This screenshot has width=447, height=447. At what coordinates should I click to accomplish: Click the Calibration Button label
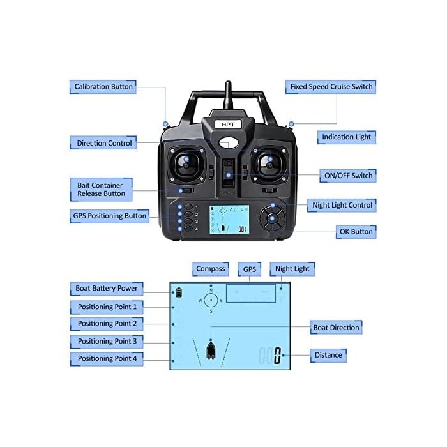pos(103,87)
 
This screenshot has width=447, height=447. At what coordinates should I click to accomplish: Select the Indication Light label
pos(345,137)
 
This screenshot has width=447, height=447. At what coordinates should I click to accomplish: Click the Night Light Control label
pos(342,205)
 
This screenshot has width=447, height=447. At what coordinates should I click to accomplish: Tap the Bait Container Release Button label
pos(101,188)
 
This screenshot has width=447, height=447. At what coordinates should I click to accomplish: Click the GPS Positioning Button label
pos(109,216)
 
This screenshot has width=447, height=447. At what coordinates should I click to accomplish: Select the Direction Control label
pos(104,143)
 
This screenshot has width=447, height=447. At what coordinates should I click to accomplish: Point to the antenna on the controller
pos(226,96)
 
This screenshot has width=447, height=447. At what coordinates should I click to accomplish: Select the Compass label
pos(211,269)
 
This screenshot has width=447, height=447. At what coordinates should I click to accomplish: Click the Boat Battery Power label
pos(106,288)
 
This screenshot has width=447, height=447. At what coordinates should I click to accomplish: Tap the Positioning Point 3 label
pos(107,341)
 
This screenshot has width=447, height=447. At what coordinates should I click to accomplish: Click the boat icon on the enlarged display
pos(212,350)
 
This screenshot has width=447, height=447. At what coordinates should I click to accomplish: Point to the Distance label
pos(328,354)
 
